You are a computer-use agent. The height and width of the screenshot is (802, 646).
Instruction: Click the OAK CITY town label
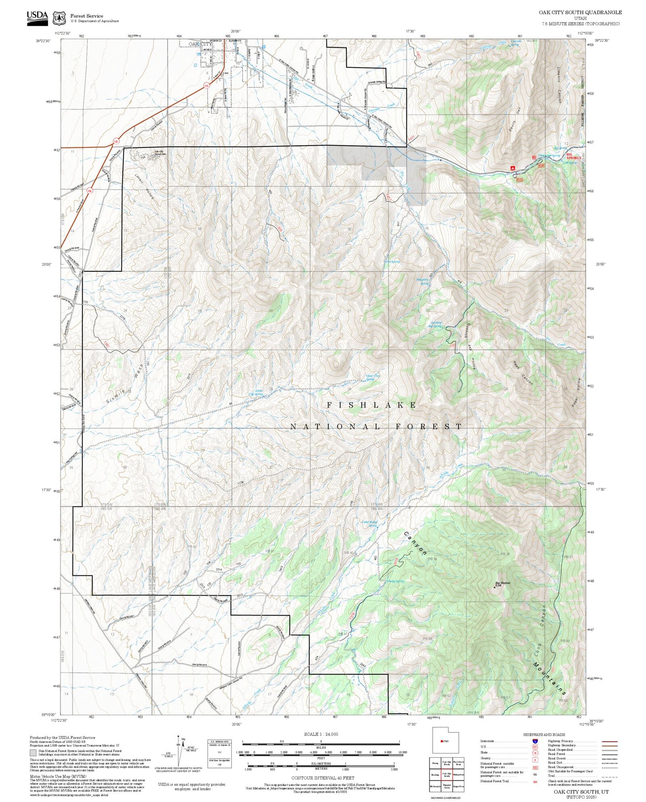[199, 44]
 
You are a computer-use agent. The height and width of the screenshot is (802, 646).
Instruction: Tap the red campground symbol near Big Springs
[513, 168]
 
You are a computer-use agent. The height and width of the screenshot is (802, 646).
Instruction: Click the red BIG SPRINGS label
[574, 156]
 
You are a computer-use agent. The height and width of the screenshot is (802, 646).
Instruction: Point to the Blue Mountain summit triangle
[494, 587]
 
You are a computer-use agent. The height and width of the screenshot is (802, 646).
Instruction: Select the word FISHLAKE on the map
[372, 405]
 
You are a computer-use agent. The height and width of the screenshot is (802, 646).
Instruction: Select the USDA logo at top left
[37, 17]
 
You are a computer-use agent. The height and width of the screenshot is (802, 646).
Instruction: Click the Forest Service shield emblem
[59, 18]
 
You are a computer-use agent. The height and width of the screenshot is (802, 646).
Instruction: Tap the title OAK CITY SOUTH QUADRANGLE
[580, 13]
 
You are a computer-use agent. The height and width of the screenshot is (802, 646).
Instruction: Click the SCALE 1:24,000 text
[321, 734]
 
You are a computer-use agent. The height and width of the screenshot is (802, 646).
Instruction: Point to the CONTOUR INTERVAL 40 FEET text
[321, 777]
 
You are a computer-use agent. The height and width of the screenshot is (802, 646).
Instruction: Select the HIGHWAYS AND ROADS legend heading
[544, 734]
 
